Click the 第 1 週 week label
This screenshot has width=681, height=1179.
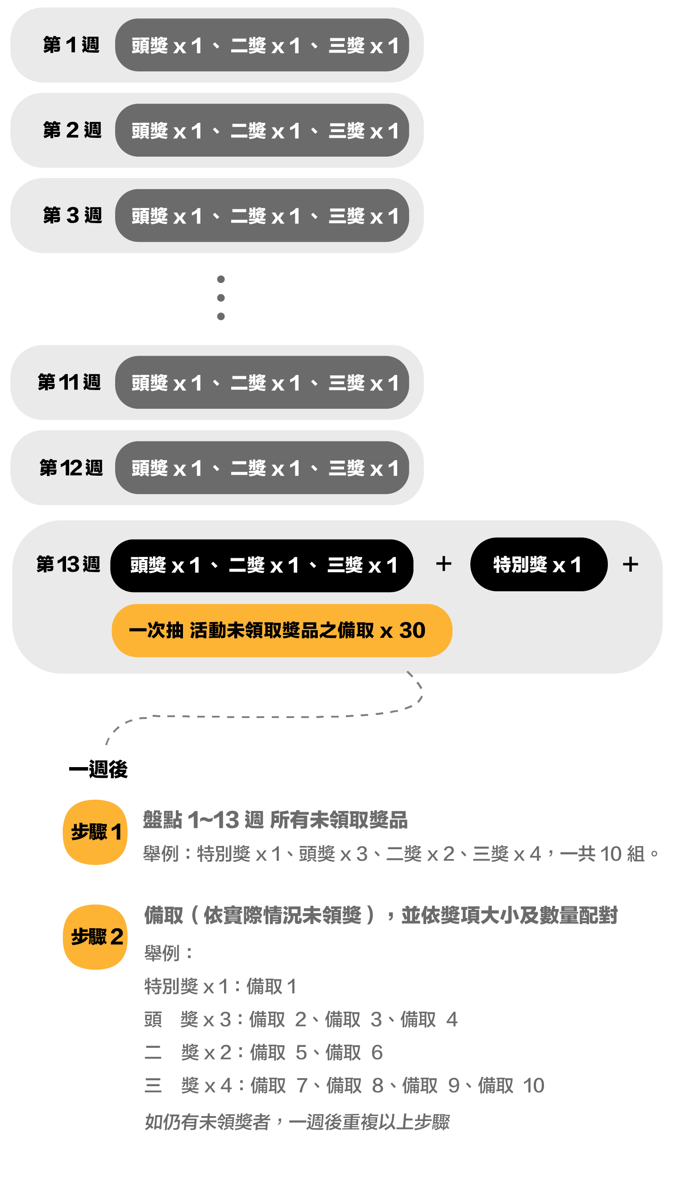[71, 45]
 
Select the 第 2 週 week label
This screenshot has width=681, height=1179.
[72, 130]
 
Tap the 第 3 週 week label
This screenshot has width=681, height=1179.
[72, 216]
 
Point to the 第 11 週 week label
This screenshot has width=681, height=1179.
[69, 382]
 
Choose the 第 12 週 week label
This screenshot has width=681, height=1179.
[71, 468]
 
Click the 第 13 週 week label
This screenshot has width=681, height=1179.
[68, 565]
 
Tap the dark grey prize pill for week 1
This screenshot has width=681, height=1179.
[262, 45]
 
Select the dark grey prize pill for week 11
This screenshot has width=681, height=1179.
[262, 382]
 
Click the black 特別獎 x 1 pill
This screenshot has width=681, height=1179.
[538, 565]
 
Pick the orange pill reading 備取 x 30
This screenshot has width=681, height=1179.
[282, 631]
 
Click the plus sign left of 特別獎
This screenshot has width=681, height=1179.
[444, 564]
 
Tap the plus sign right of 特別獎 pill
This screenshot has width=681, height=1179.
[630, 565]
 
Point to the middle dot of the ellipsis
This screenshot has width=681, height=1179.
[221, 298]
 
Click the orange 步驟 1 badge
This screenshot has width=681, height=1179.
[96, 832]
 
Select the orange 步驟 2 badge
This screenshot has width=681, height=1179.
[96, 937]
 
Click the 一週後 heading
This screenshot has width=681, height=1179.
[98, 769]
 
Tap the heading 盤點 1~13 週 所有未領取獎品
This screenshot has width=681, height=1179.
[275, 820]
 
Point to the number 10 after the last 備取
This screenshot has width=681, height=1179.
[533, 1085]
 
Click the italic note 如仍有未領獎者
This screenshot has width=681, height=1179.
[297, 1122]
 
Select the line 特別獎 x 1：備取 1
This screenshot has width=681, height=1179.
[220, 986]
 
